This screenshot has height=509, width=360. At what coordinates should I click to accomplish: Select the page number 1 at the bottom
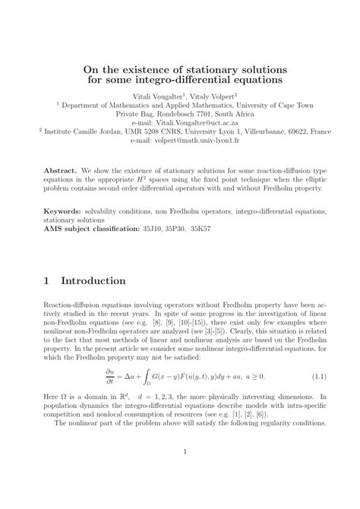point(180,475)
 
